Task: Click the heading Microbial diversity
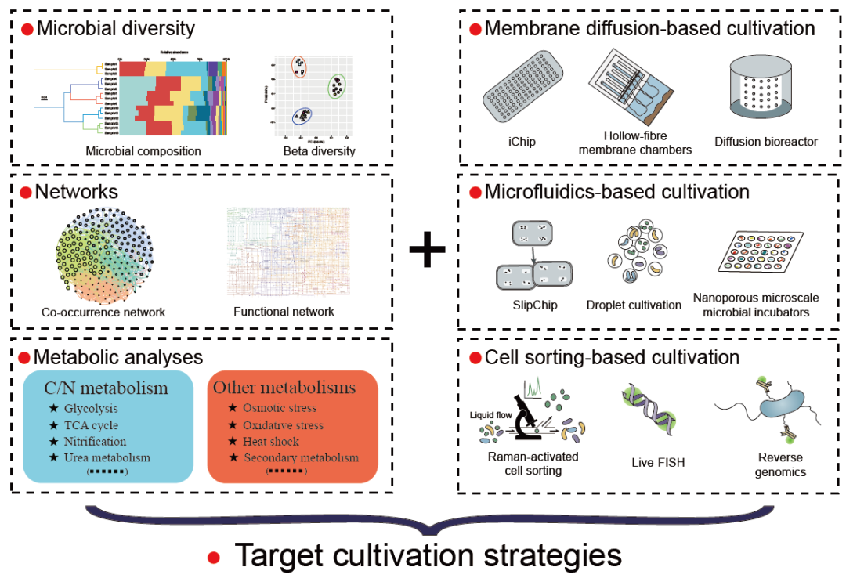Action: coord(116,30)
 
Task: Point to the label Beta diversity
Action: coord(319,150)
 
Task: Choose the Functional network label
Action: coord(284,311)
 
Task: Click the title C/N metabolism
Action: coord(107,388)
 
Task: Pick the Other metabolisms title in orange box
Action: coord(284,388)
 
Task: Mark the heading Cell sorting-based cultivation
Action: coord(612,358)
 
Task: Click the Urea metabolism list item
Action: coord(107,457)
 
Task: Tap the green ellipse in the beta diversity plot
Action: coord(338,85)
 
